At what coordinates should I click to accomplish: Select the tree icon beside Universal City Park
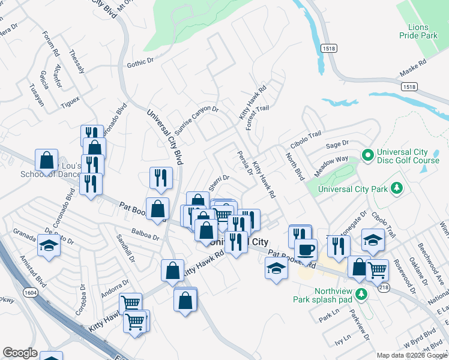(396, 189)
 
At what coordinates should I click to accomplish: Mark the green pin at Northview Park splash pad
(361, 293)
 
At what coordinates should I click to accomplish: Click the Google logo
(20, 353)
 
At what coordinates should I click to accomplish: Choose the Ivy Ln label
(342, 339)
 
